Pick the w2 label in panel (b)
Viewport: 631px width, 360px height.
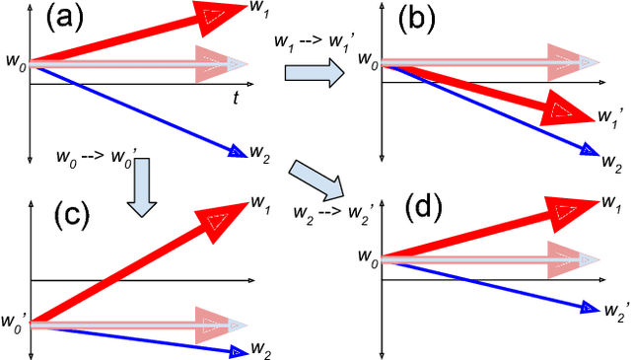[612, 160]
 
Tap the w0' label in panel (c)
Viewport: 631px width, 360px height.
[15, 320]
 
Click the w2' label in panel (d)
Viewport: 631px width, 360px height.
[613, 311]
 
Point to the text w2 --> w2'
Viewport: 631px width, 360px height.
[326, 210]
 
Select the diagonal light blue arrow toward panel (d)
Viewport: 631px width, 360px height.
[316, 179]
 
